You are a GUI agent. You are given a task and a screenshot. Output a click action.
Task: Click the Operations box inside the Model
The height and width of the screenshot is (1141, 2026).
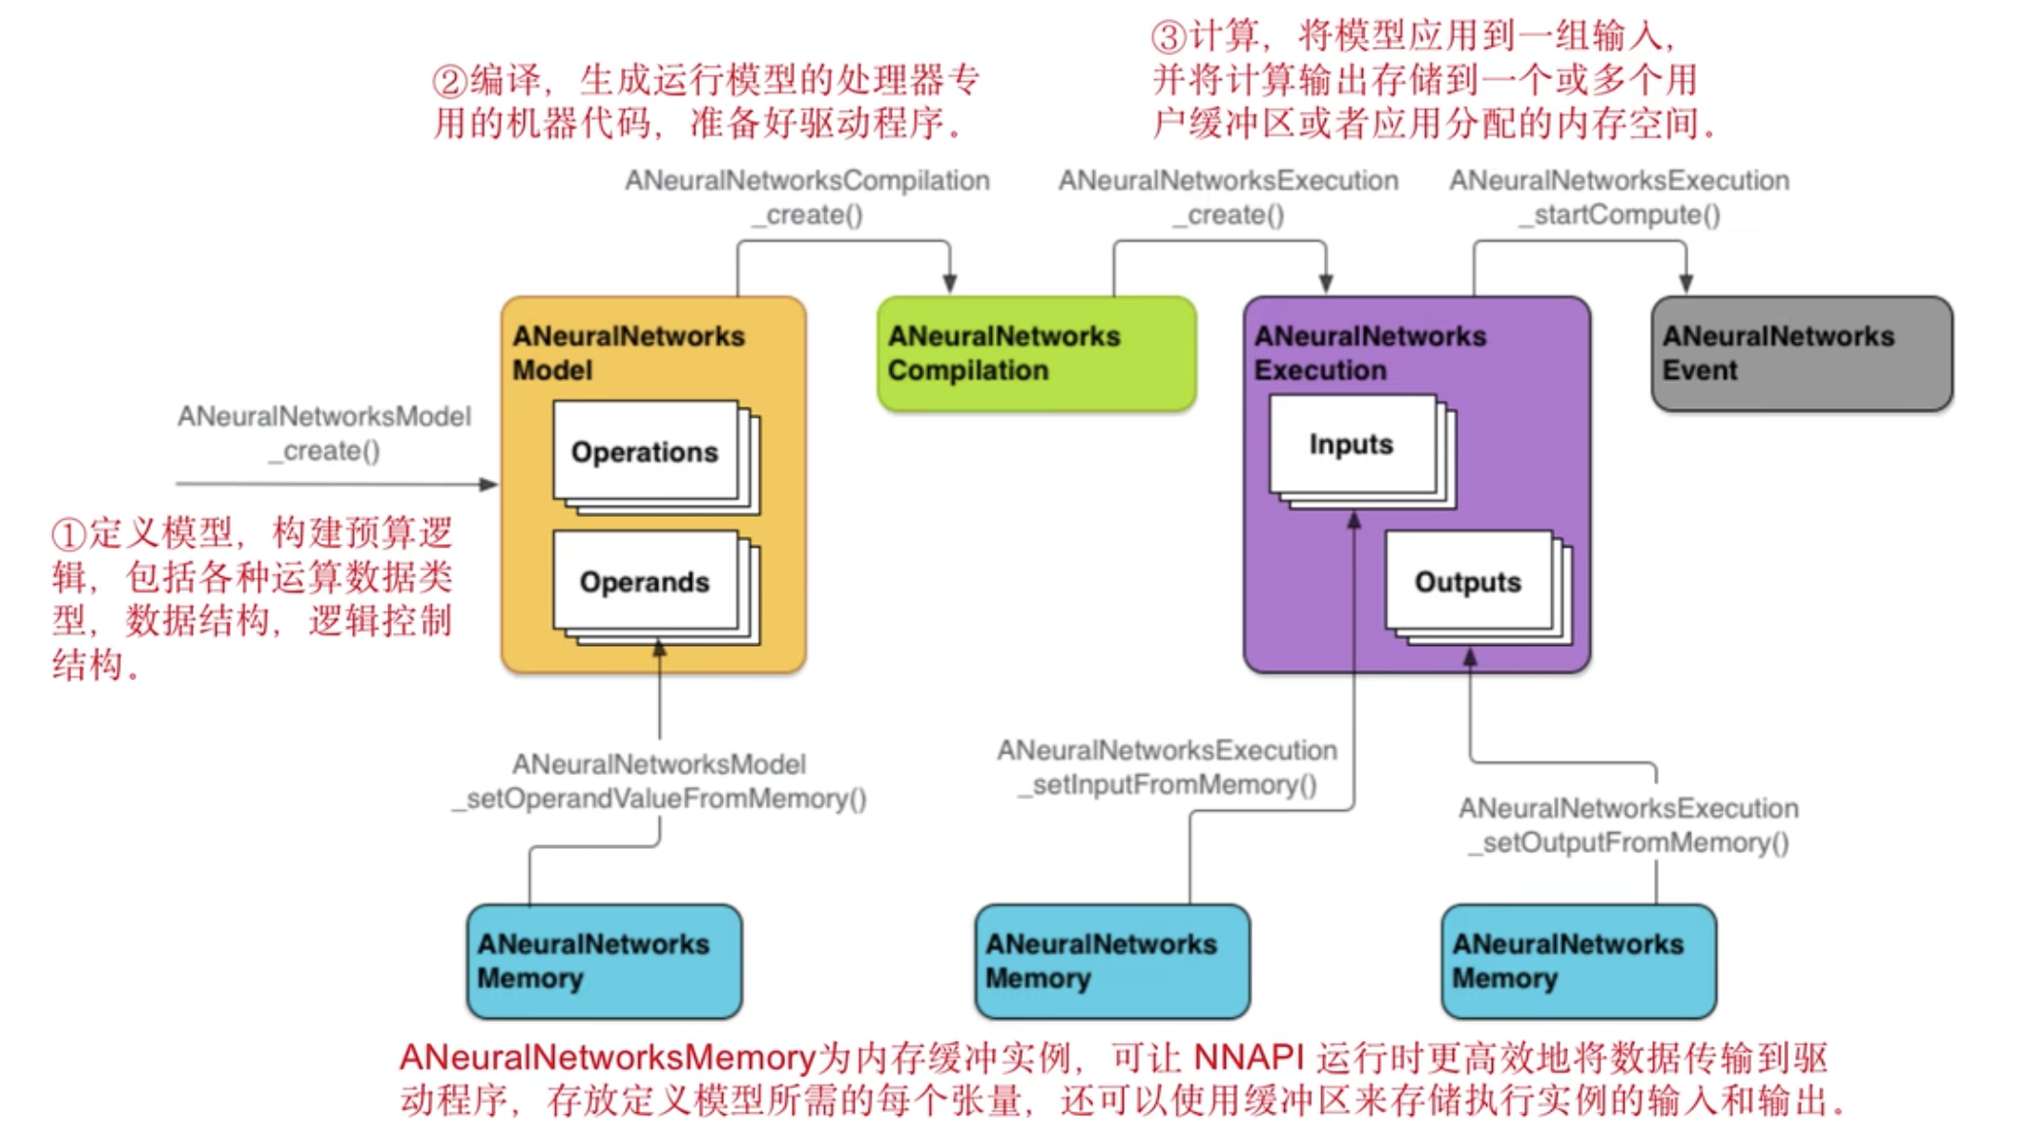coord(645,451)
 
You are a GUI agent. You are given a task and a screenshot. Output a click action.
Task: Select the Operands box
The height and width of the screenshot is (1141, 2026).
coord(645,581)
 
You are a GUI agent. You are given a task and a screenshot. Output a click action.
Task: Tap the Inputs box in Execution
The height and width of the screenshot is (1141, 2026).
coord(1352,445)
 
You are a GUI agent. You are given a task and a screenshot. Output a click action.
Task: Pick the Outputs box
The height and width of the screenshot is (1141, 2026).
coord(1468,581)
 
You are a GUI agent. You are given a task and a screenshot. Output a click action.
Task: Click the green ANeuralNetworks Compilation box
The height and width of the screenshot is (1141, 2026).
coord(1036,354)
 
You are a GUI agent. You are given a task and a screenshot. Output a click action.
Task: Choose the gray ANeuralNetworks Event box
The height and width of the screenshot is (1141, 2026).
coord(1801,354)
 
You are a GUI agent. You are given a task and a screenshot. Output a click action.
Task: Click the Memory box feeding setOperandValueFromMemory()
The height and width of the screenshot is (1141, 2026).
coord(604,961)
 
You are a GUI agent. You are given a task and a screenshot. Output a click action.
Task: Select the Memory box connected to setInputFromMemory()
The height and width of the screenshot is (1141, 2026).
coord(1111,961)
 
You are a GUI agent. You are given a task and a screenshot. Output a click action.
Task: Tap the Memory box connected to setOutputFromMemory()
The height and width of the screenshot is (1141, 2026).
coord(1579,961)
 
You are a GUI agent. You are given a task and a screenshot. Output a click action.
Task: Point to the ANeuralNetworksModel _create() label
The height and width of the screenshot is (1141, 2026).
coord(324,433)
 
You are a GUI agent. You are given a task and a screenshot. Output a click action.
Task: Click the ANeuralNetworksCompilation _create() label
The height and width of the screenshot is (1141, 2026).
coord(807,197)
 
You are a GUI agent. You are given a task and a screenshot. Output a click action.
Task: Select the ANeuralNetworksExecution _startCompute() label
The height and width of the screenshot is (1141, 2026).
coord(1620,197)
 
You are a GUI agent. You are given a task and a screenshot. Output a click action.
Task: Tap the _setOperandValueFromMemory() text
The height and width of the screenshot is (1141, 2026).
coord(660,799)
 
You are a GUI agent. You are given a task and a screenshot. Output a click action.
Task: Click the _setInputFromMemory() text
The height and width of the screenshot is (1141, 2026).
coord(1168,785)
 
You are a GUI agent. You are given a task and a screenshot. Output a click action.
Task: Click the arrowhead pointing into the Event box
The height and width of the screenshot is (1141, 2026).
coord(1686,283)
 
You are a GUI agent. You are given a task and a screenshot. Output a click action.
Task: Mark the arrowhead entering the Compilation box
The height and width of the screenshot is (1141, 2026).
coord(949,283)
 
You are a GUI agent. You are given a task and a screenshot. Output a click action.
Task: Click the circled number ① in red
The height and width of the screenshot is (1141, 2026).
coord(69,535)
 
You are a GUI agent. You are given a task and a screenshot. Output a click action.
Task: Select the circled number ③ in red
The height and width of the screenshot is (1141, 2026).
coord(1168,38)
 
